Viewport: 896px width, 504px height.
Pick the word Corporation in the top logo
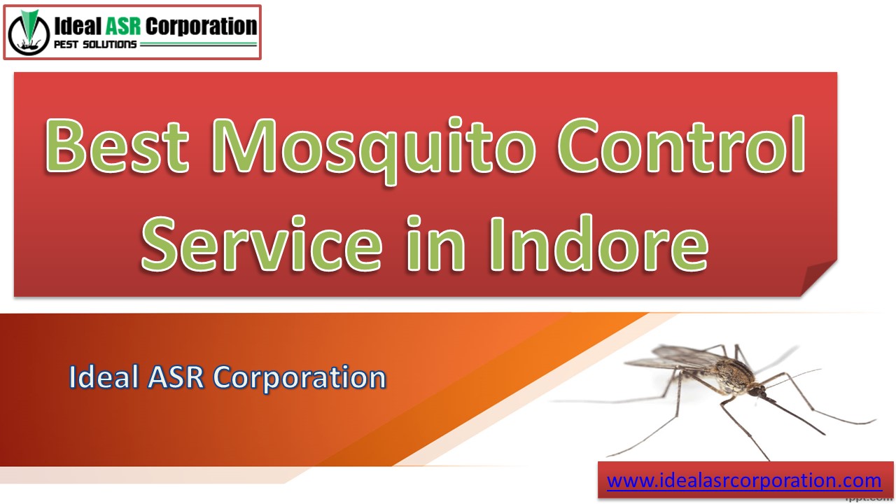point(202,27)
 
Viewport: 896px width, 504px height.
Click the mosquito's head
point(755,391)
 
